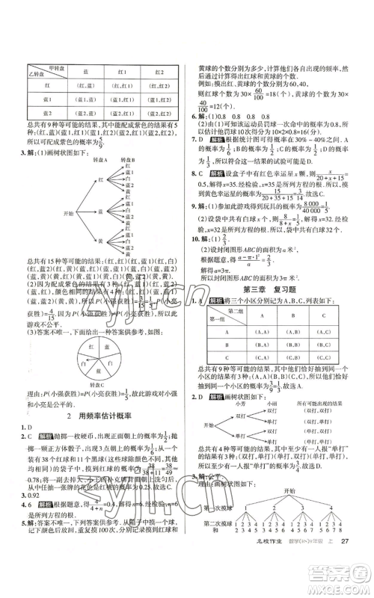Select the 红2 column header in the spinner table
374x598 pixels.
click(x=158, y=73)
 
